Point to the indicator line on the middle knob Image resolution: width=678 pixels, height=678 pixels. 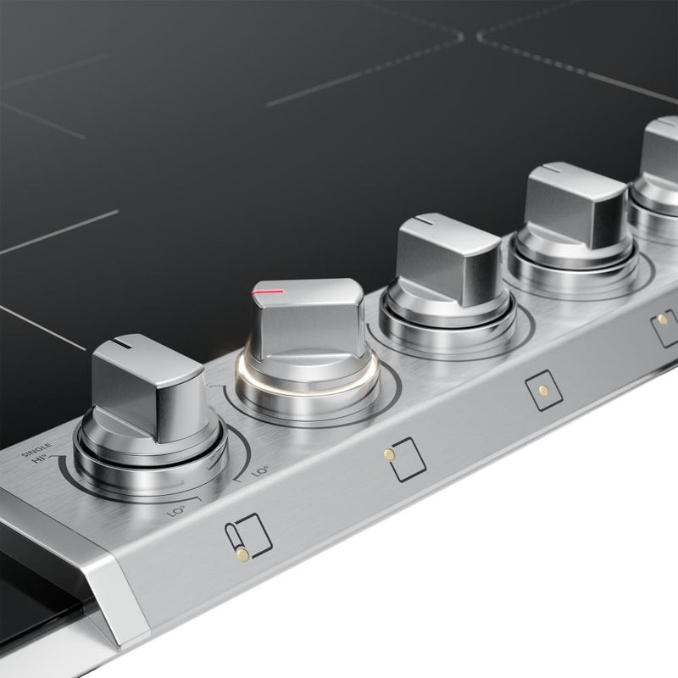pyautogui.click(x=423, y=222)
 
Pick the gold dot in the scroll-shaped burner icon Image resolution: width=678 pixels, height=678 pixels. pyautogui.click(x=243, y=554)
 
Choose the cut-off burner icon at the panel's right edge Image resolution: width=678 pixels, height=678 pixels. pyautogui.click(x=664, y=322)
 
